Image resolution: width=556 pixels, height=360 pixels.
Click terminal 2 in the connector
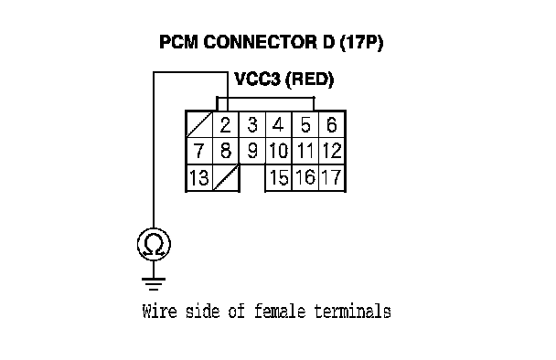coord(226,125)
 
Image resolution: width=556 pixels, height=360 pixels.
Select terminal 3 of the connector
coord(252,125)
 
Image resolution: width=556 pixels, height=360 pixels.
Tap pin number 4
coord(278,125)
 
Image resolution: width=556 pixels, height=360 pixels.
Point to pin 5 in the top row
coord(305,125)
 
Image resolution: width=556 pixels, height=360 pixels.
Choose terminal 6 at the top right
coord(332,125)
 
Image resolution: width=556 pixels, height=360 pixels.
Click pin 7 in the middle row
coord(199,151)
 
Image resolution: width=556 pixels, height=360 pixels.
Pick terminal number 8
coord(226,151)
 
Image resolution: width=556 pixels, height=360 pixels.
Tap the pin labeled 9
coord(252,151)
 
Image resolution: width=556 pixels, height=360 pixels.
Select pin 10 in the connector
coord(278,151)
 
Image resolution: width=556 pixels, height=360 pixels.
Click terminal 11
coord(305,151)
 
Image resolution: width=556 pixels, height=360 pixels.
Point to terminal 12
coord(332,151)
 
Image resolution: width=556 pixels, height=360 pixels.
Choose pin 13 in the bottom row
coord(199,177)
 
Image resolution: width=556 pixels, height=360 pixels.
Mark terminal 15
coord(278,177)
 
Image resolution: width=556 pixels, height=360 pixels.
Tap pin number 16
coord(305,177)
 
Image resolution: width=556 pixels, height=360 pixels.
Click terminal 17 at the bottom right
coord(332,177)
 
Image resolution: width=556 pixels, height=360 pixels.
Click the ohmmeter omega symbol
coord(154,245)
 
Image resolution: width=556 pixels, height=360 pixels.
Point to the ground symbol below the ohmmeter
coord(154,283)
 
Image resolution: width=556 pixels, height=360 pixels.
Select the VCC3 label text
coord(258,79)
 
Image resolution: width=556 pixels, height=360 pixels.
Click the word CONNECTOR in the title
coord(260,42)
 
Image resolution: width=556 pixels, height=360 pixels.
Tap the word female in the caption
coord(280,312)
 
